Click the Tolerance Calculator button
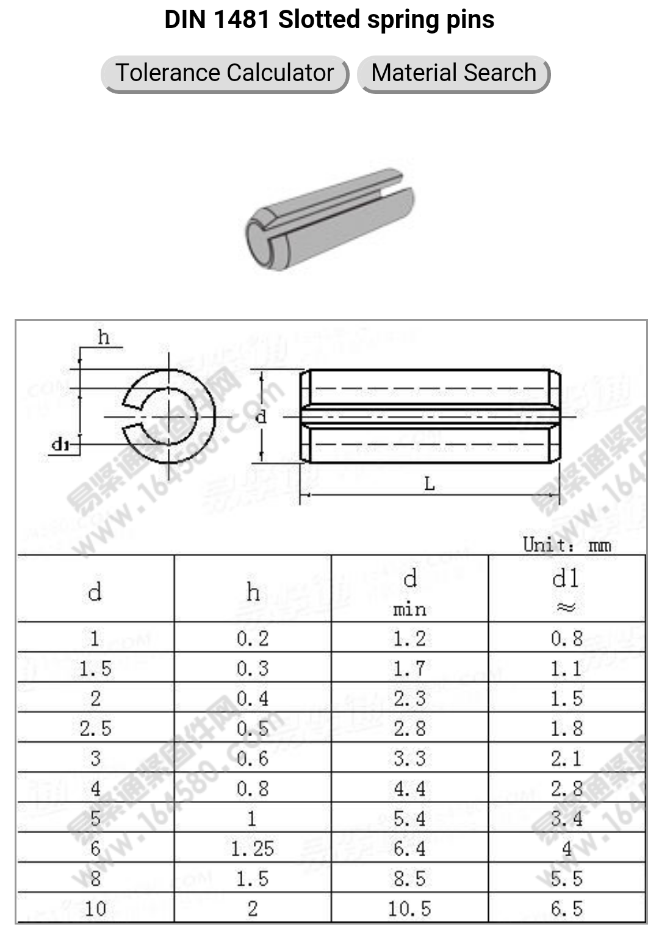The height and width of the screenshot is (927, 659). (x=225, y=73)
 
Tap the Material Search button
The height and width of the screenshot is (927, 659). (x=453, y=73)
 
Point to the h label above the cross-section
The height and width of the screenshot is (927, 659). (x=104, y=337)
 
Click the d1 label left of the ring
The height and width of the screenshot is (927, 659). (x=60, y=444)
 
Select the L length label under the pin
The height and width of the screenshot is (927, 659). (x=430, y=484)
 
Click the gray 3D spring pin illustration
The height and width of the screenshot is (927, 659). (x=330, y=220)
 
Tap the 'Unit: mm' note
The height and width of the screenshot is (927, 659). (x=566, y=545)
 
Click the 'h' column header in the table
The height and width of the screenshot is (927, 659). (x=253, y=592)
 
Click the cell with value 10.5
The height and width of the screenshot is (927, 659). (x=409, y=909)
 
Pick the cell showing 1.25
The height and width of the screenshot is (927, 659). (x=253, y=848)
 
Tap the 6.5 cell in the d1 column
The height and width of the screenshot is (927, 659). (x=566, y=909)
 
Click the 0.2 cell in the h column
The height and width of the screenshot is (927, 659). (x=253, y=639)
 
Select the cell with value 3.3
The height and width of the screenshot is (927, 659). (x=409, y=759)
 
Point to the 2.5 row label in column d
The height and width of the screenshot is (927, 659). (x=95, y=728)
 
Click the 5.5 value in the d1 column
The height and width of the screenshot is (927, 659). (x=566, y=878)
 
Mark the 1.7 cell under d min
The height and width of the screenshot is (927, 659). (x=409, y=668)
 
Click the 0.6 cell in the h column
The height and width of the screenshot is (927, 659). (x=253, y=759)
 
